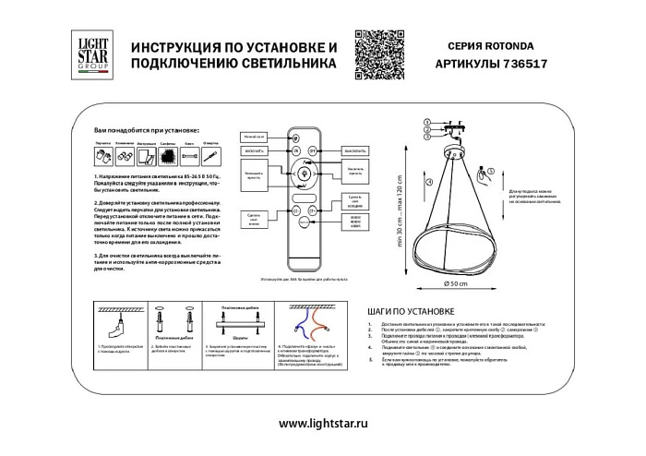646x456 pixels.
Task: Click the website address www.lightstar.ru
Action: [322, 423]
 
